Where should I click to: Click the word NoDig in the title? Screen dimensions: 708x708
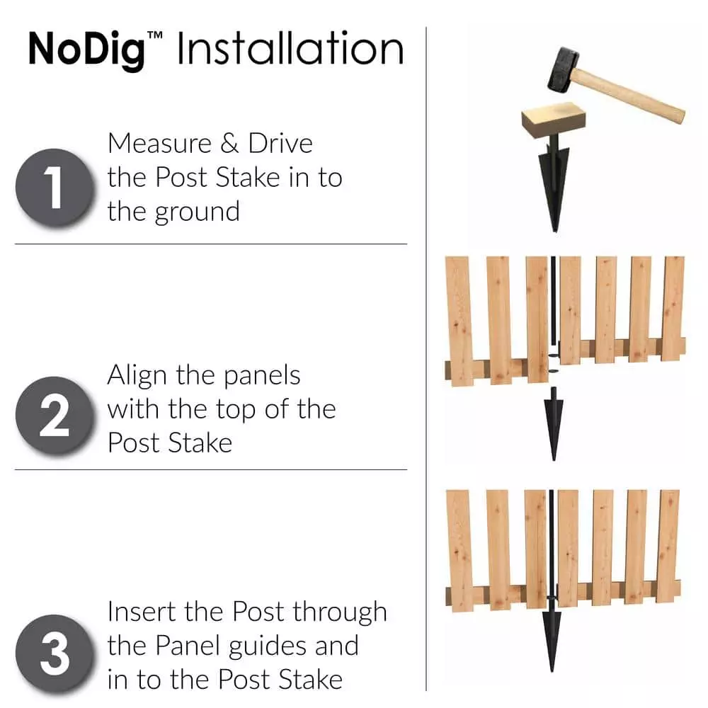tap(86, 48)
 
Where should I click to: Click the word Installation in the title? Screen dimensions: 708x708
tap(290, 48)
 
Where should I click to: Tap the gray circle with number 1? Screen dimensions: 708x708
tap(55, 188)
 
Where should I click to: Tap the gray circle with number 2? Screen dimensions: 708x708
tap(55, 417)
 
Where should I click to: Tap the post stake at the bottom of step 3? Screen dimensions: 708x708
tap(550, 641)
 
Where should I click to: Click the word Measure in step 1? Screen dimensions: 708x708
tap(159, 143)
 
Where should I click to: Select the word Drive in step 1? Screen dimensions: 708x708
tap(280, 143)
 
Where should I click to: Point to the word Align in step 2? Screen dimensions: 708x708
tap(138, 375)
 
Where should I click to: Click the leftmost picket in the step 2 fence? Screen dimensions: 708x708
tap(459, 322)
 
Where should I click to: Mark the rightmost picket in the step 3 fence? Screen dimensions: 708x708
tap(668, 545)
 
